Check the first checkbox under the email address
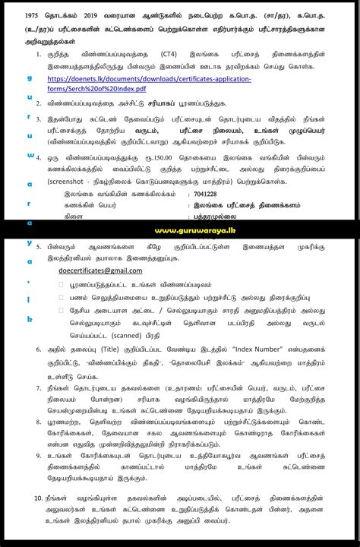[62, 284]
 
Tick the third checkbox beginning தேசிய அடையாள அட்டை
[62, 310]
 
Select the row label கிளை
[73, 216]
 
